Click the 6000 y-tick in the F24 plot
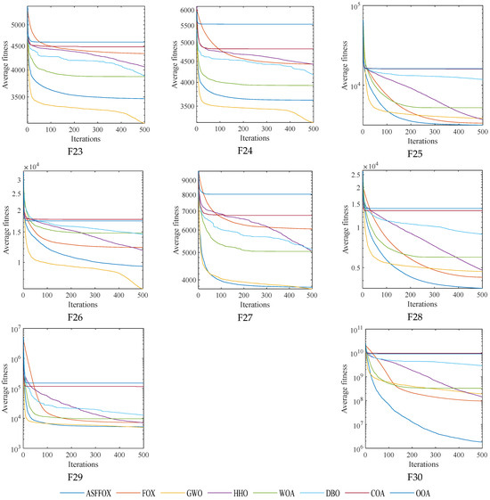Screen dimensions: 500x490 pos(185,10)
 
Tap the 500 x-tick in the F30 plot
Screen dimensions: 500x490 pos(480,457)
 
